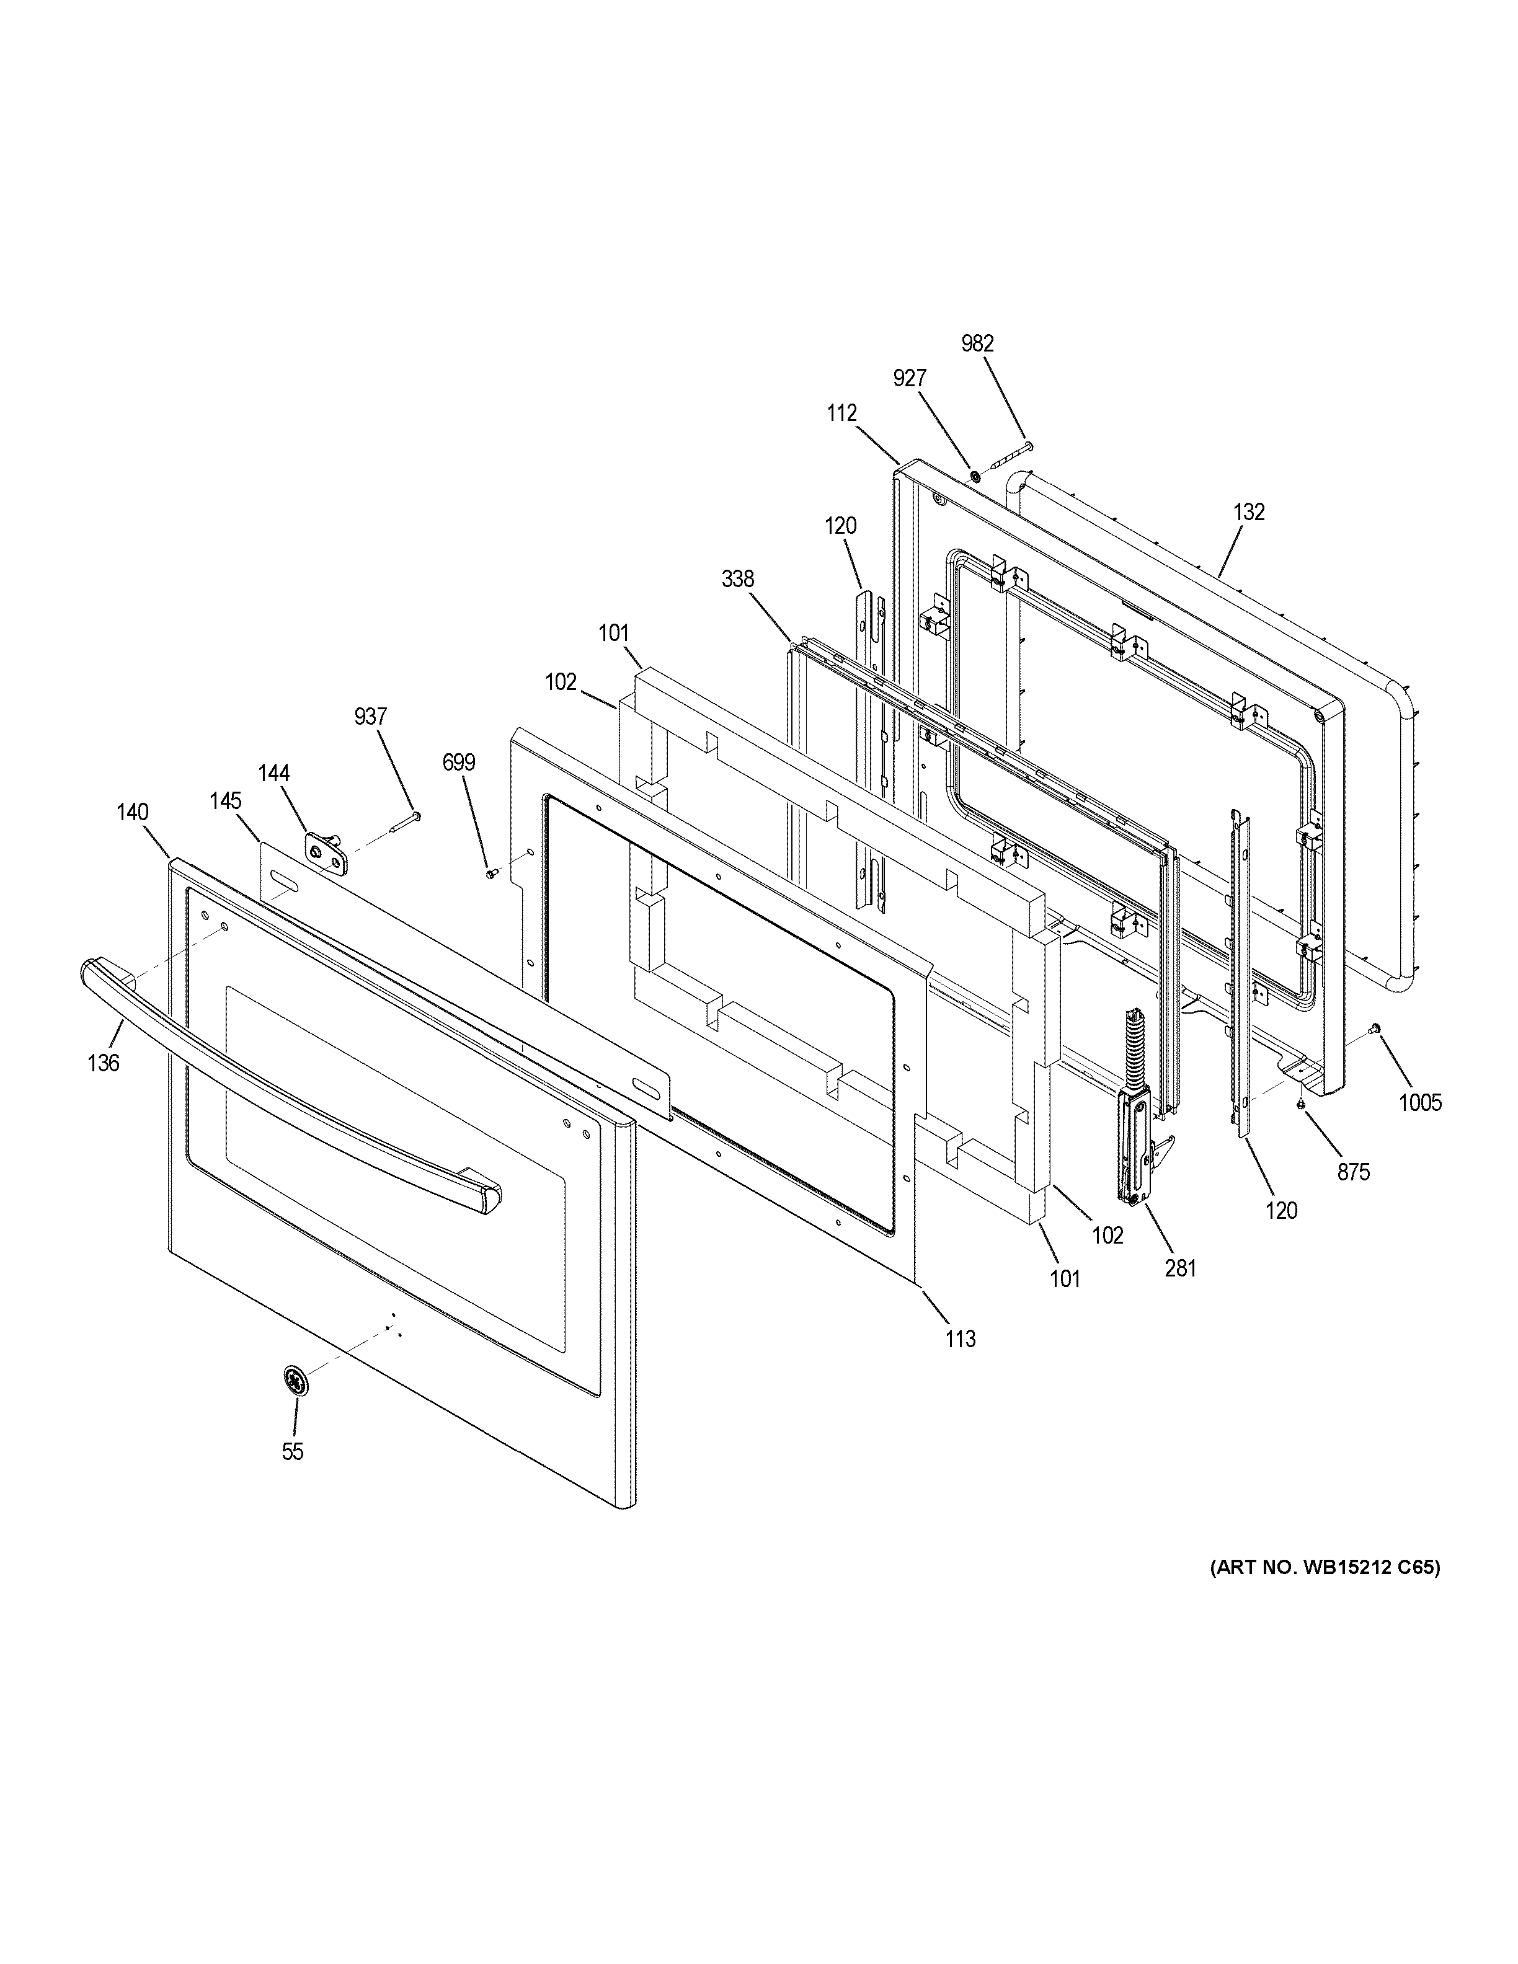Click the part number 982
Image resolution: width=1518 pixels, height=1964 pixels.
pos(977,343)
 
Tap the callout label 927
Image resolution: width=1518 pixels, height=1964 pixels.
pos(909,379)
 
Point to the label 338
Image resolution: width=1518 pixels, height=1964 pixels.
pos(737,579)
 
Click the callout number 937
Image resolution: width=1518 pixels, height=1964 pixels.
pos(370,717)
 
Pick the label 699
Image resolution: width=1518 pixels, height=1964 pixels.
pos(459,763)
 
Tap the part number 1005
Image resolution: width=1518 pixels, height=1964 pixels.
pos(1420,1102)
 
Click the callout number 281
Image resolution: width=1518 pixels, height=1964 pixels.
pos(1181,1268)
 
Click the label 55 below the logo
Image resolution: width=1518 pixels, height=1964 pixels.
pos(292,1451)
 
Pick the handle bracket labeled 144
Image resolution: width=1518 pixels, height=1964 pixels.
pos(326,850)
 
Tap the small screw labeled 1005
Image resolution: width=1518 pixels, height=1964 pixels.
pos(1374,1028)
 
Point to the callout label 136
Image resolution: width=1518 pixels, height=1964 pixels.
pos(104,1063)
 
